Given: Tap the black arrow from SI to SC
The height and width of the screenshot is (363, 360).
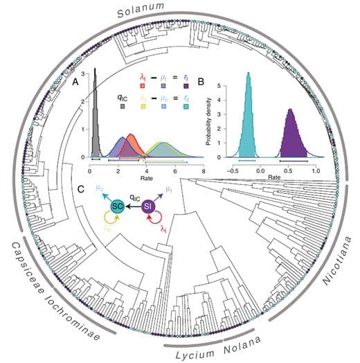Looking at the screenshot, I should pyautogui.click(x=134, y=206).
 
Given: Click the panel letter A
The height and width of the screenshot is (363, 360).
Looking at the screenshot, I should pyautogui.click(x=75, y=82).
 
